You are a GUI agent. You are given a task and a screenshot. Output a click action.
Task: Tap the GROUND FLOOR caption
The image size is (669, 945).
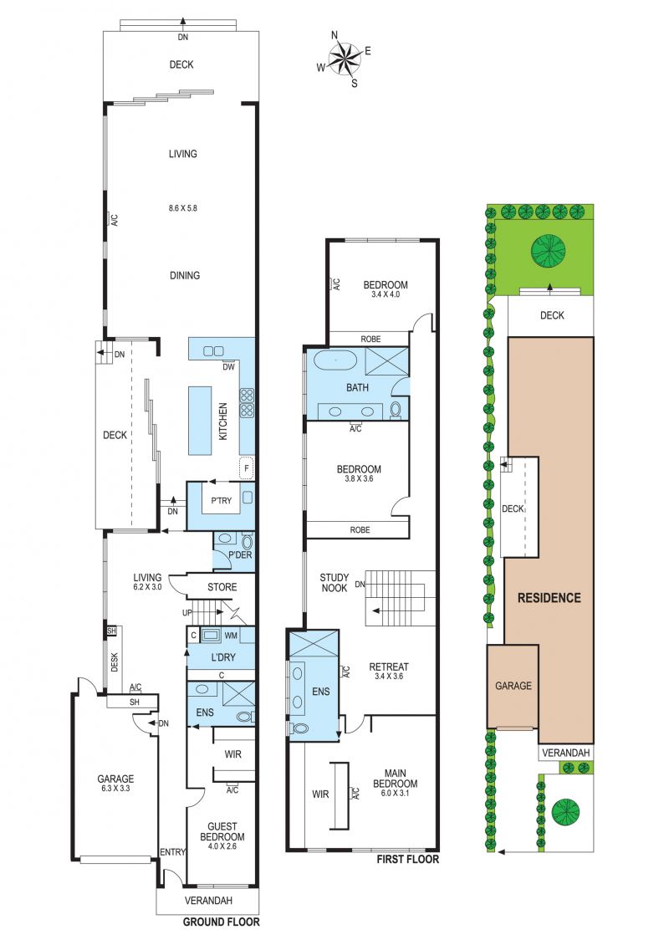point(222,922)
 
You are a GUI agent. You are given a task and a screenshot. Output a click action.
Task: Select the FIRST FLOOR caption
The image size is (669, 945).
point(407,860)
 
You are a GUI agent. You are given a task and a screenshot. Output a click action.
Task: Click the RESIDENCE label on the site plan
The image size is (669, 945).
point(549,598)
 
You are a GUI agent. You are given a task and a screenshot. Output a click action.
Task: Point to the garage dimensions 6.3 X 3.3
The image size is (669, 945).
point(115,788)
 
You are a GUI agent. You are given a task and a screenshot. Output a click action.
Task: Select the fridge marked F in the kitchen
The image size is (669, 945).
point(246,467)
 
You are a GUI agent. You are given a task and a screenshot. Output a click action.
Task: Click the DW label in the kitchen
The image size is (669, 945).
point(228,366)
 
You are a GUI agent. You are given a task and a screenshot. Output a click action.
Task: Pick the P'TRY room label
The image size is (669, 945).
point(222,500)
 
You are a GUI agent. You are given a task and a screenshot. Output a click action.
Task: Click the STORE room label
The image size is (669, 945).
point(222,587)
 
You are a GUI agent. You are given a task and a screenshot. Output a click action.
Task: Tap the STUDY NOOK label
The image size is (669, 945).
point(334,583)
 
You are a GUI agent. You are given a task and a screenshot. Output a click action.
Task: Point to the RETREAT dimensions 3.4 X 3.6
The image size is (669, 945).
point(389,677)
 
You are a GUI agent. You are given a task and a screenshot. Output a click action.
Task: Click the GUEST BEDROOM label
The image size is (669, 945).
point(222,832)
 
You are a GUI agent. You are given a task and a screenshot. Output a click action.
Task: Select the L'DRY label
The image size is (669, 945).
point(223,657)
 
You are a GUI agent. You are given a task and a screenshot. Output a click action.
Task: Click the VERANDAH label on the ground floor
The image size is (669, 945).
point(208,901)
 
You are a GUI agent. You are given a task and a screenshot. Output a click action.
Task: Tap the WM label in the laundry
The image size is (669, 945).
point(231,636)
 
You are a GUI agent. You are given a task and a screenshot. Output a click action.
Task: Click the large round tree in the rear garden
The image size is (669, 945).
point(549,250)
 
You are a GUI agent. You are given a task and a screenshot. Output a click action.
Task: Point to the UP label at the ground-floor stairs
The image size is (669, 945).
point(187,613)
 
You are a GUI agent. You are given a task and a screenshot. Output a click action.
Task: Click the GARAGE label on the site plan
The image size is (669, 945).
point(513,686)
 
